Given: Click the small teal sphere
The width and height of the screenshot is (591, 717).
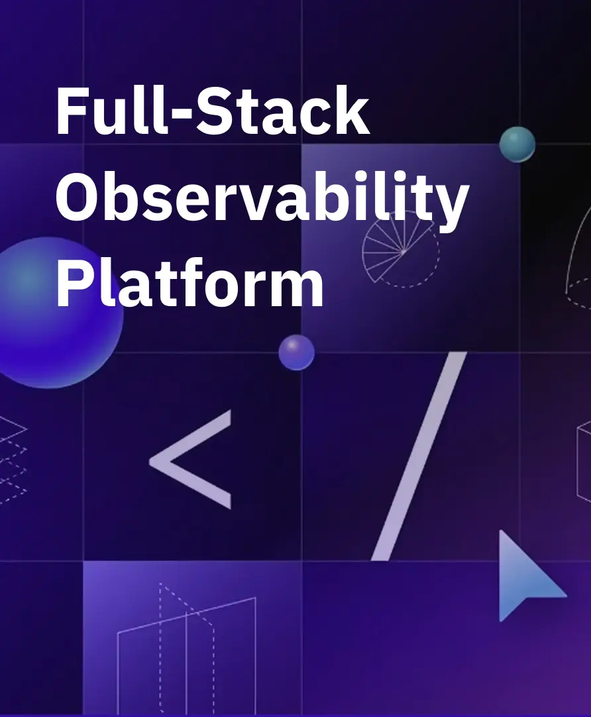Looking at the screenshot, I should (517, 144).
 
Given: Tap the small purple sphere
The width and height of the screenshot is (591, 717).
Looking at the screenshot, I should (296, 352).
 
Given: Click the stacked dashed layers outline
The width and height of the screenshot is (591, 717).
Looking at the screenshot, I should (12, 457).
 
